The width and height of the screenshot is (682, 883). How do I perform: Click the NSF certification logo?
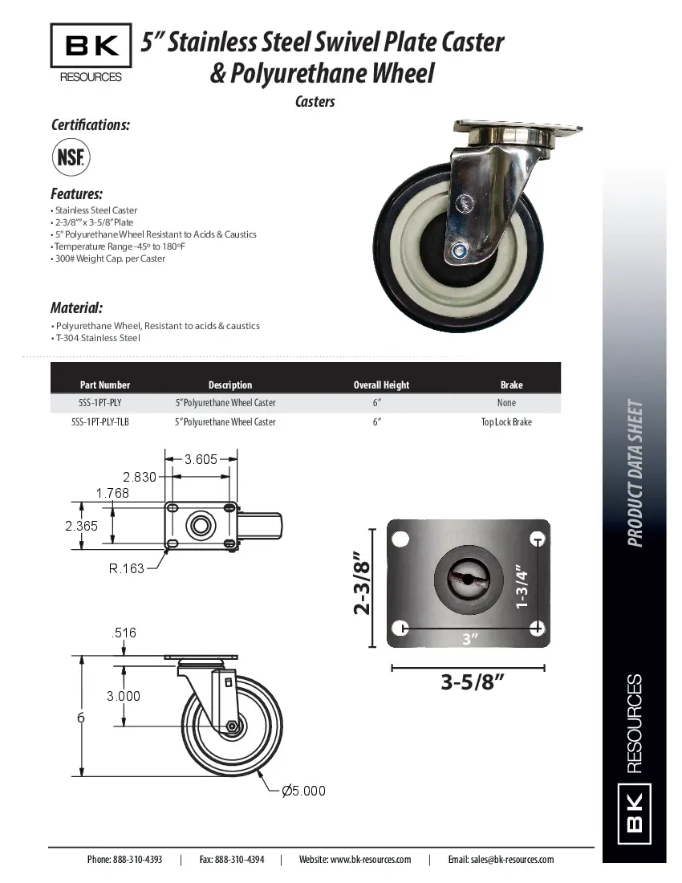71,156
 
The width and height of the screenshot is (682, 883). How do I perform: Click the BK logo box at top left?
91,47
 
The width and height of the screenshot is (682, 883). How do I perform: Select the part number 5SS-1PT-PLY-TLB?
99,422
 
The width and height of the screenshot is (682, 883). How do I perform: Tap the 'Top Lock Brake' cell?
506,422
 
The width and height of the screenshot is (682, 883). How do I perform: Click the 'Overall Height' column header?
381,385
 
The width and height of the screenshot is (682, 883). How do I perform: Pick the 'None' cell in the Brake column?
506,403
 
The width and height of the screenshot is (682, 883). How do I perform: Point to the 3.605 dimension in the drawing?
201,459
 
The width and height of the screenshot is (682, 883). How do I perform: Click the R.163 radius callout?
127,568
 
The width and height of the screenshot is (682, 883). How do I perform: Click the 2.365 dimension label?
82,526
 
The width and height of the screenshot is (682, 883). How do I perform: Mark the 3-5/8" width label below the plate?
472,682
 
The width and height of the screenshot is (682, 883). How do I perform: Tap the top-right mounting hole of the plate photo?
535,538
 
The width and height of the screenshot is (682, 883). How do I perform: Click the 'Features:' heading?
76,194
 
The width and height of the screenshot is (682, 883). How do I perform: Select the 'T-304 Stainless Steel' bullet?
97,338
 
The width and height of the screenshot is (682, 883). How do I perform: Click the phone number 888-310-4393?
124,859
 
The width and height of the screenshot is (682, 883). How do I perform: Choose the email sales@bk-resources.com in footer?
501,859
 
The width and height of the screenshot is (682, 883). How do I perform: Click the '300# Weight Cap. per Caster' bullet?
109,258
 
